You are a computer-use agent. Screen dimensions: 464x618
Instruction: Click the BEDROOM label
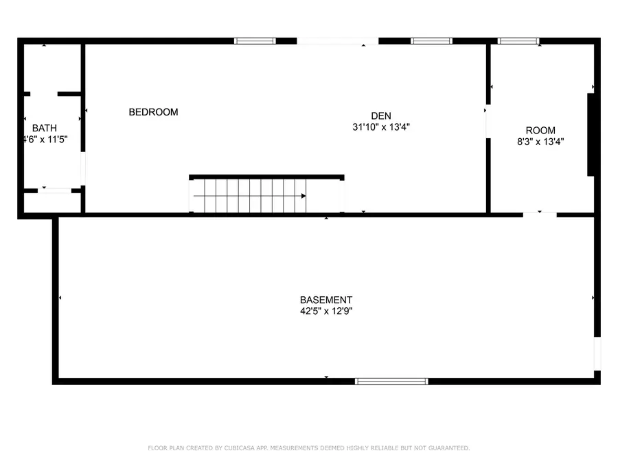click(153, 112)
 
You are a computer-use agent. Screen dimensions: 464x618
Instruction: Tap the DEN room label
click(380, 115)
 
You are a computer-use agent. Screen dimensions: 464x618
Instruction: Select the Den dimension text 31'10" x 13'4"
click(380, 127)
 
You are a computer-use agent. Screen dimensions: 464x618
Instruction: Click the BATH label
click(45, 128)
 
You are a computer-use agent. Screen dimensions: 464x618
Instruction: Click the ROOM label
click(540, 131)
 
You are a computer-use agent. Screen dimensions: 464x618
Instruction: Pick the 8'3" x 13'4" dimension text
click(540, 142)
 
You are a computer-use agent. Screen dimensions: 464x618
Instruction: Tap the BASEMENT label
click(326, 300)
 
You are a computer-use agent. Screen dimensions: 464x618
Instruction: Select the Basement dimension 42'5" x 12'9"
click(326, 311)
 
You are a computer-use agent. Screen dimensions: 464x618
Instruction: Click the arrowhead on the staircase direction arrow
click(303, 196)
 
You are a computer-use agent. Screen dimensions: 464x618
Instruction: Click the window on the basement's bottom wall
click(391, 381)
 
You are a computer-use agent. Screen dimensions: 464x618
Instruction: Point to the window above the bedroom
click(255, 41)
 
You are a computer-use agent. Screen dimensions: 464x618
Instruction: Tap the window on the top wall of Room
click(518, 41)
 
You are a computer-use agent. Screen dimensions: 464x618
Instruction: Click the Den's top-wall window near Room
click(431, 41)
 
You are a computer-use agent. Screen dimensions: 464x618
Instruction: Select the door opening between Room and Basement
click(539, 214)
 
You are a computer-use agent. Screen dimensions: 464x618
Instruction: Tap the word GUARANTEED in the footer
click(446, 448)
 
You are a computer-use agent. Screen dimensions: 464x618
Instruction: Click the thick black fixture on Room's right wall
click(590, 134)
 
